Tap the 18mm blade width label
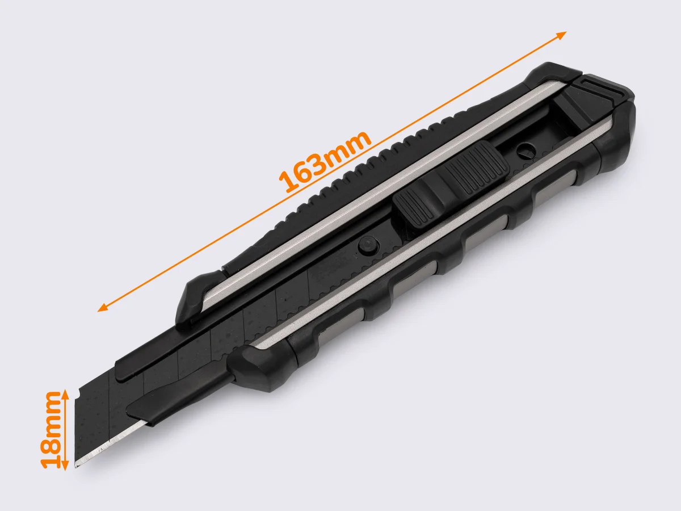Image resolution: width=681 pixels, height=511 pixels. click(50, 430)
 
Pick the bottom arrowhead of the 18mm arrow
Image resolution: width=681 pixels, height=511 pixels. click(65, 466)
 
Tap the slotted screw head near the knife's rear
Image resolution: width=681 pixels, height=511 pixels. click(526, 150)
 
